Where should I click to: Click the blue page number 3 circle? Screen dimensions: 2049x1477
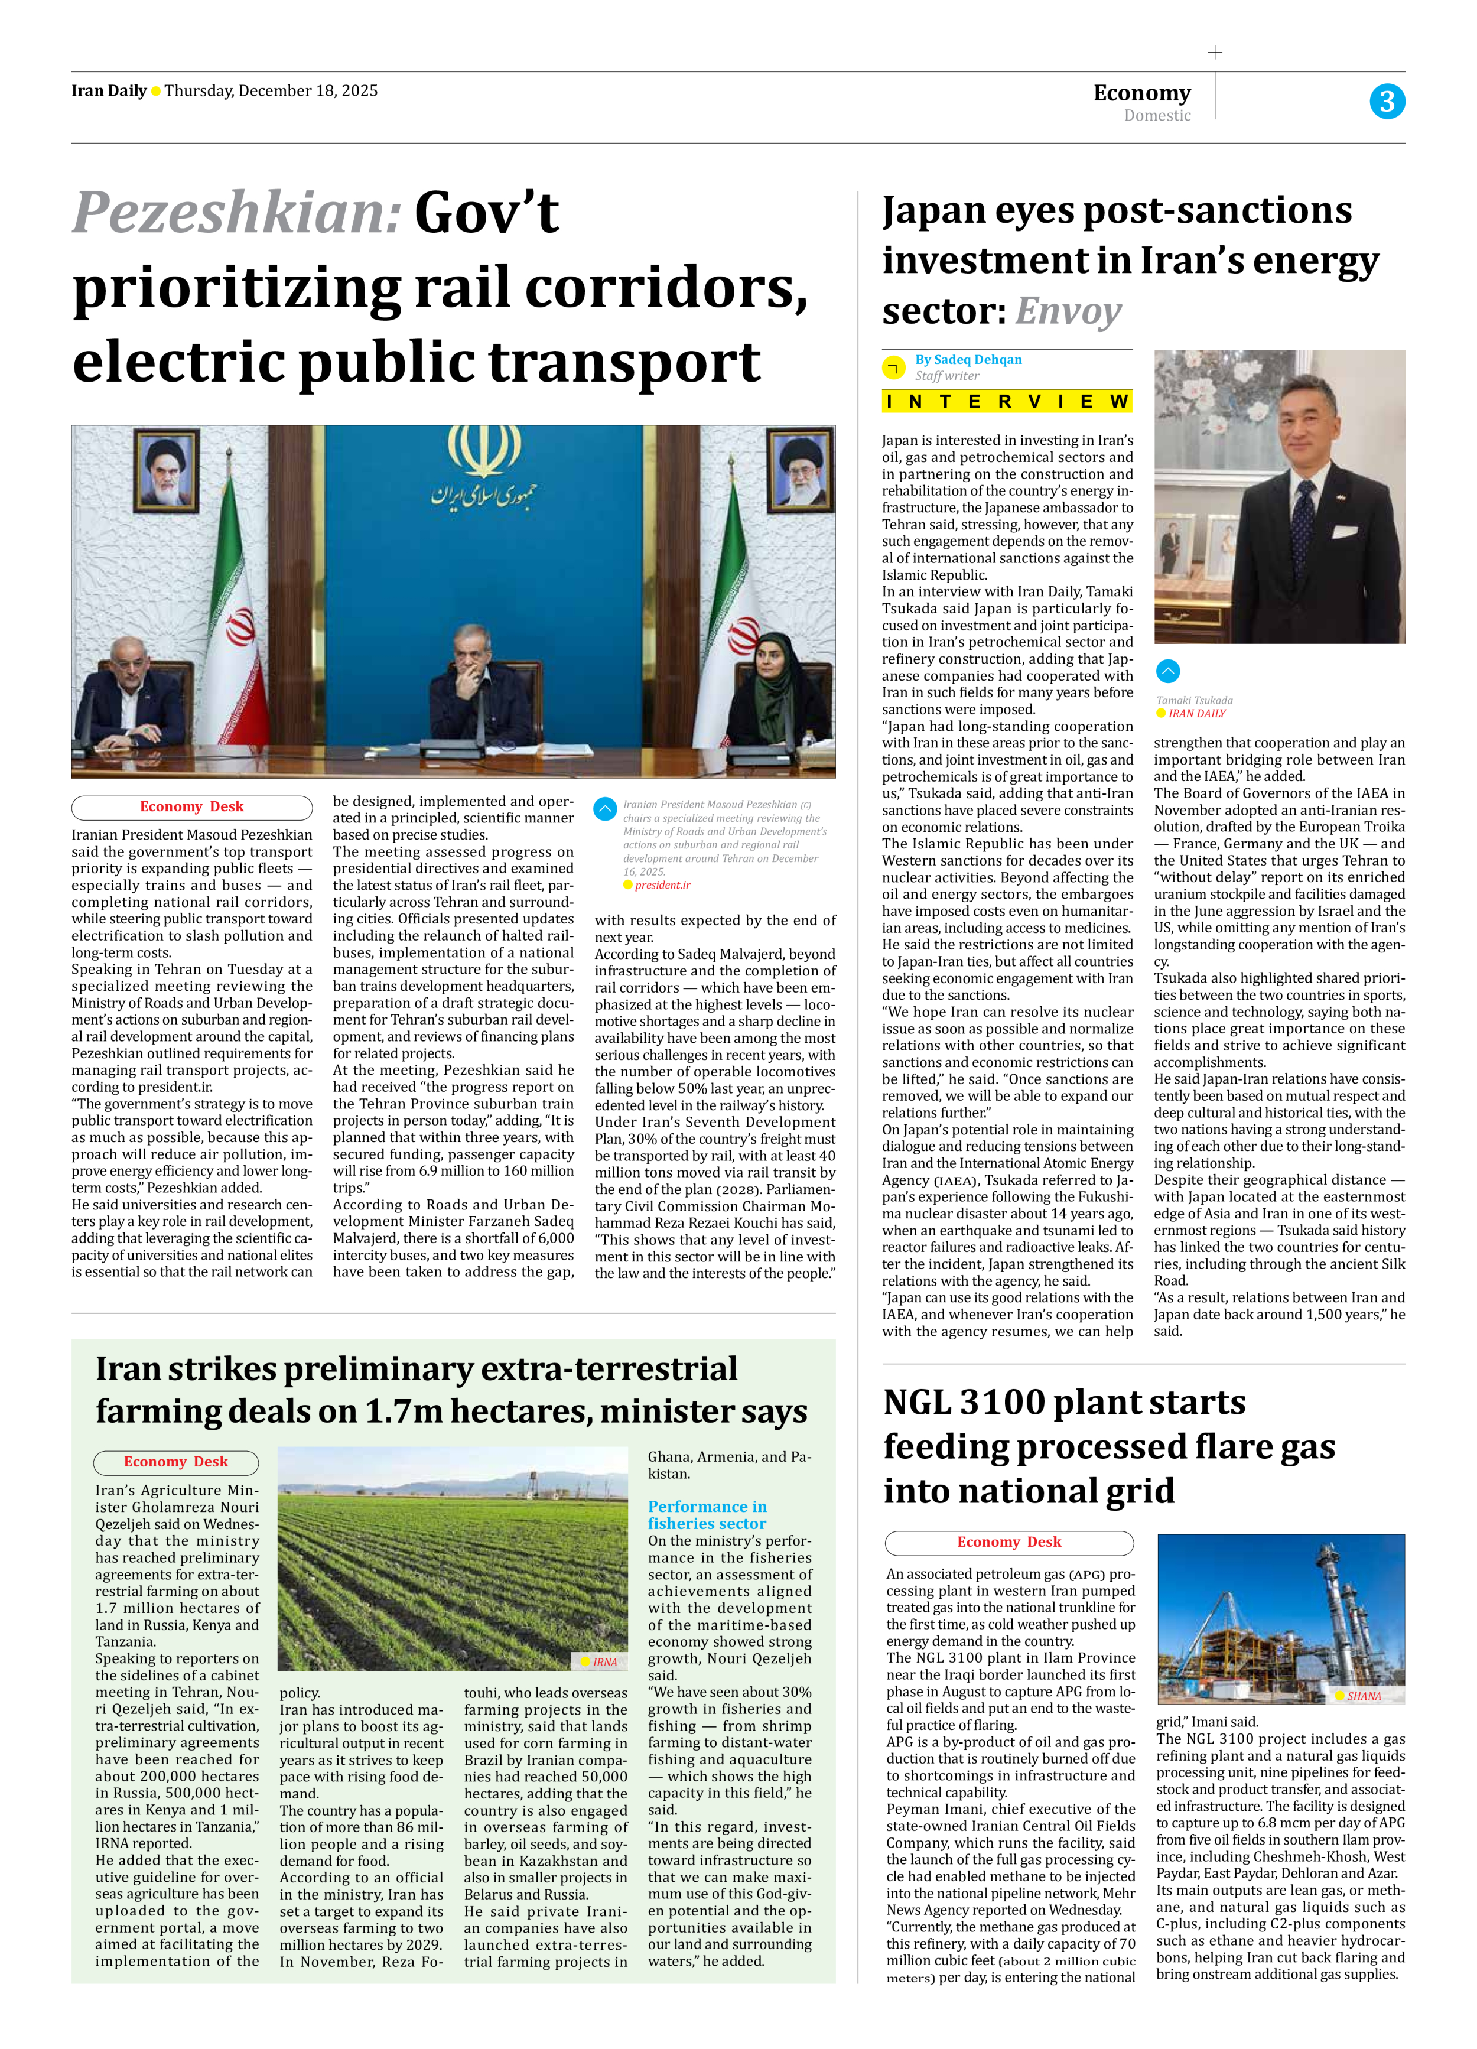[x=1386, y=101]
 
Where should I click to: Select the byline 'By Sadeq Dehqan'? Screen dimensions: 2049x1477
[x=968, y=360]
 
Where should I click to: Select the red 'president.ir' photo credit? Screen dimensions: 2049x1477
[x=662, y=886]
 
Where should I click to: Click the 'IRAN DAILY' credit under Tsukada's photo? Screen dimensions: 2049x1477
[x=1197, y=714]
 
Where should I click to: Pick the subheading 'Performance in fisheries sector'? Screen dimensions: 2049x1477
[x=707, y=1515]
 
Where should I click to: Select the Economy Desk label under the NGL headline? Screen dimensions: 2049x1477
[x=1009, y=1542]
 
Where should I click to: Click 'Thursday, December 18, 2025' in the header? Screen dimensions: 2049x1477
[x=271, y=91]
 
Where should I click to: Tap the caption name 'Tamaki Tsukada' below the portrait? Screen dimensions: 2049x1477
[x=1193, y=700]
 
